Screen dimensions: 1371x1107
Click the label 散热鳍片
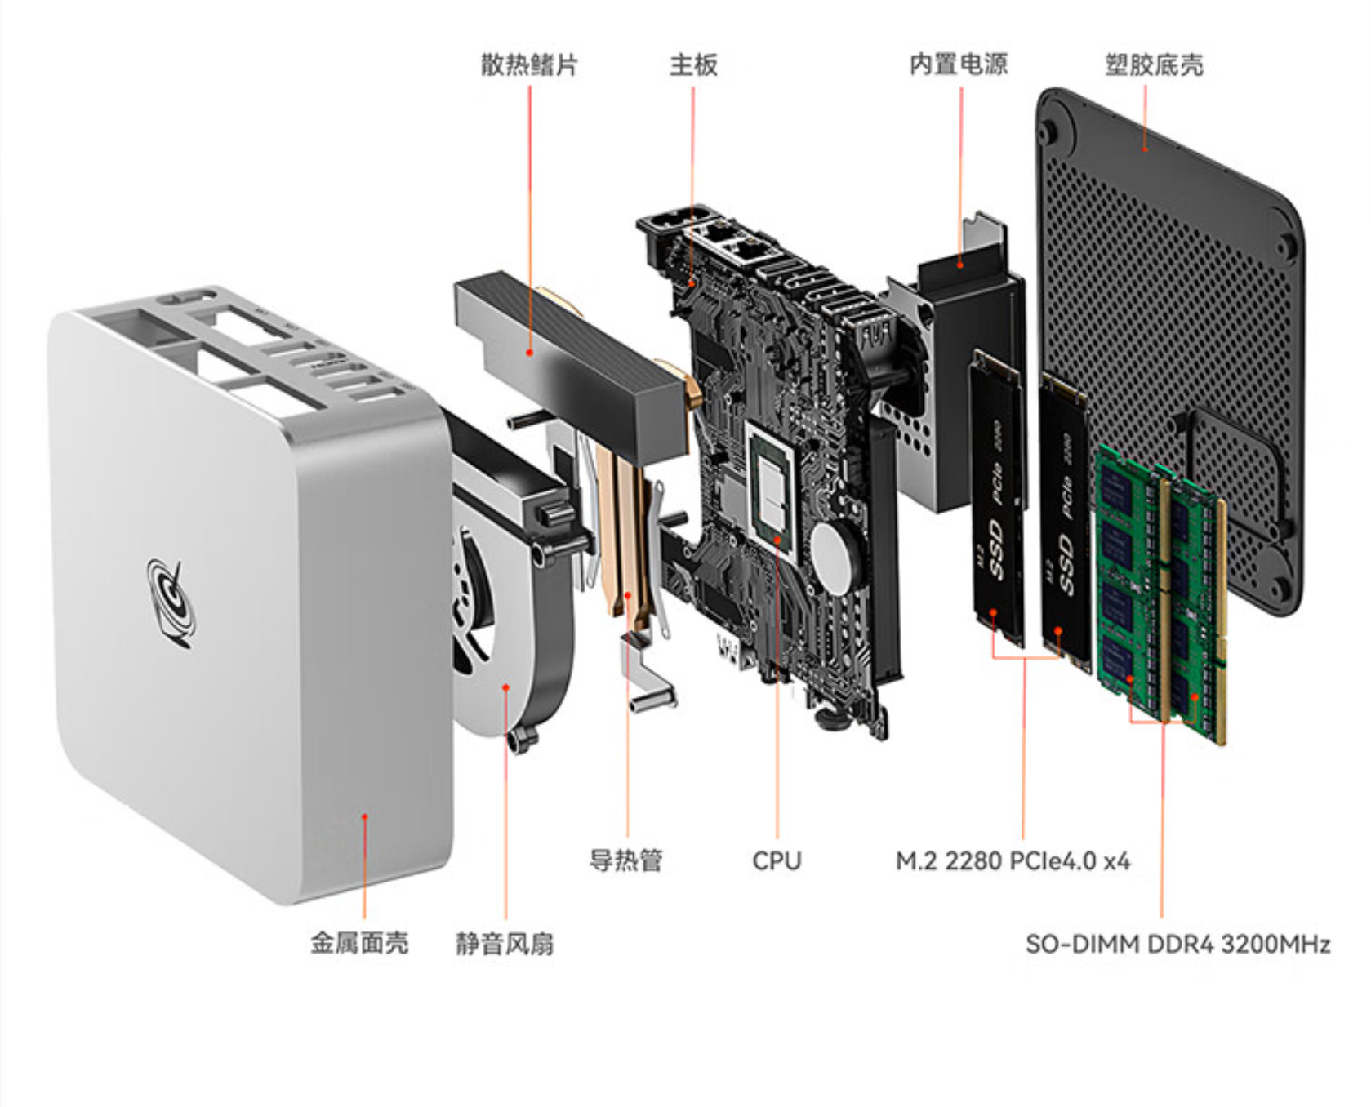[529, 64]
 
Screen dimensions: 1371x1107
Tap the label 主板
[693, 64]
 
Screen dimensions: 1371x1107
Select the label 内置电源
[959, 64]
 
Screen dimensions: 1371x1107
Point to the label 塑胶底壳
[1154, 64]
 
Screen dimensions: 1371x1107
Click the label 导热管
[626, 860]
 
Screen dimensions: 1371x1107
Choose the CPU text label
[777, 860]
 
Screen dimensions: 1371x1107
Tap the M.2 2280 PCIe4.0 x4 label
[1013, 860]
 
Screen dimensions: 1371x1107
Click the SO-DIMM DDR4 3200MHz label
[1177, 944]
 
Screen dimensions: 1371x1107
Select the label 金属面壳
[359, 943]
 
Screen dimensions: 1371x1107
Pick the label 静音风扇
[505, 943]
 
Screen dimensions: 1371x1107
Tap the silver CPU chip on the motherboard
[771, 487]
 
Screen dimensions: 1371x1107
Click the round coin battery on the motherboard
[835, 558]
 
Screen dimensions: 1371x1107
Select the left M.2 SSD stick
[997, 498]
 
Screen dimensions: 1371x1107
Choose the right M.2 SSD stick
[1065, 522]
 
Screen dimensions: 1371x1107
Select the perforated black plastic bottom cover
[1168, 351]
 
